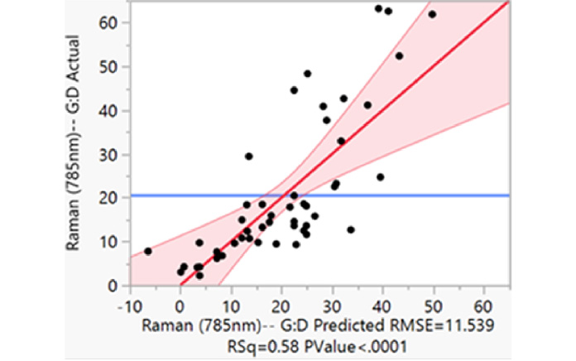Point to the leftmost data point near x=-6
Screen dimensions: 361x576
[x=148, y=251]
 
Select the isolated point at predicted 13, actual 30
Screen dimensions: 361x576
[x=248, y=156]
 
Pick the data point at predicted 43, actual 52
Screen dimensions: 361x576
[x=399, y=55]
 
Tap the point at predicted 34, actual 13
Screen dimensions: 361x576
[x=351, y=229]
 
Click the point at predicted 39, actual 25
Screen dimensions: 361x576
[x=381, y=176]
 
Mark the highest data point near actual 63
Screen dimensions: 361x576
[x=378, y=8]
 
